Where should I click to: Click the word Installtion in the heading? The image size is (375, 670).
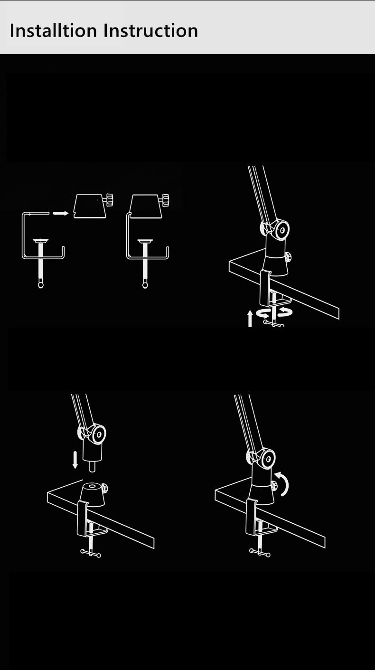click(53, 30)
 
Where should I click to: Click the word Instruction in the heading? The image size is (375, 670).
click(150, 30)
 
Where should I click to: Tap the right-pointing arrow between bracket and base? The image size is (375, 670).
click(61, 213)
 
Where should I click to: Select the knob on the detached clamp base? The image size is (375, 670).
click(110, 199)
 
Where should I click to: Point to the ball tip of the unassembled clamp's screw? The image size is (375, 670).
click(41, 285)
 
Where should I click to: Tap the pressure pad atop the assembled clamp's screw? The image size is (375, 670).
click(145, 241)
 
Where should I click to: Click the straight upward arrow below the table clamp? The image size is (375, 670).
click(250, 319)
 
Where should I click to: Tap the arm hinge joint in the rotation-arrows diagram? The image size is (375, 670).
click(275, 230)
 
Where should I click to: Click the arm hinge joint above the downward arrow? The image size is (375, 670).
click(92, 434)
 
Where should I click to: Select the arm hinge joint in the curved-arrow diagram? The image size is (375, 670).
click(261, 458)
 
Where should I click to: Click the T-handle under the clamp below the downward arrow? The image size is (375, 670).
click(91, 553)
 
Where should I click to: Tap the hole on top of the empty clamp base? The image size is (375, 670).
click(91, 486)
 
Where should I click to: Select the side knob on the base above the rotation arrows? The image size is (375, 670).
click(288, 257)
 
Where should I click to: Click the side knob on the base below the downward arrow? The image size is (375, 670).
click(104, 489)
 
